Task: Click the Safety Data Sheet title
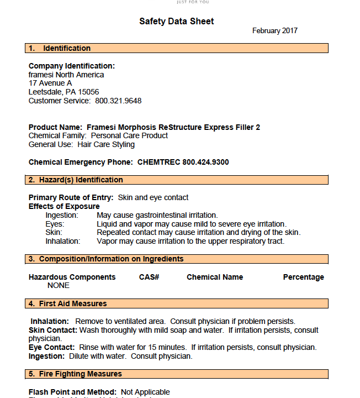[176, 22]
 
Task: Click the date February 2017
[274, 31]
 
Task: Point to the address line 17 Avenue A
[50, 83]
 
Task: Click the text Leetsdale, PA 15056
[63, 92]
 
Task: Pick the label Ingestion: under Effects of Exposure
[62, 215]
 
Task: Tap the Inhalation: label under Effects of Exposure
[62, 241]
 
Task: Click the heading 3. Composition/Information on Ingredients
[106, 259]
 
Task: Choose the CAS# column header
[149, 277]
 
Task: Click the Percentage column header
[303, 277]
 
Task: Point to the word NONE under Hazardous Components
[59, 286]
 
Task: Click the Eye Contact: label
[51, 348]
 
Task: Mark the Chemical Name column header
[215, 277]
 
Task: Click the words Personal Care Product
[129, 136]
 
